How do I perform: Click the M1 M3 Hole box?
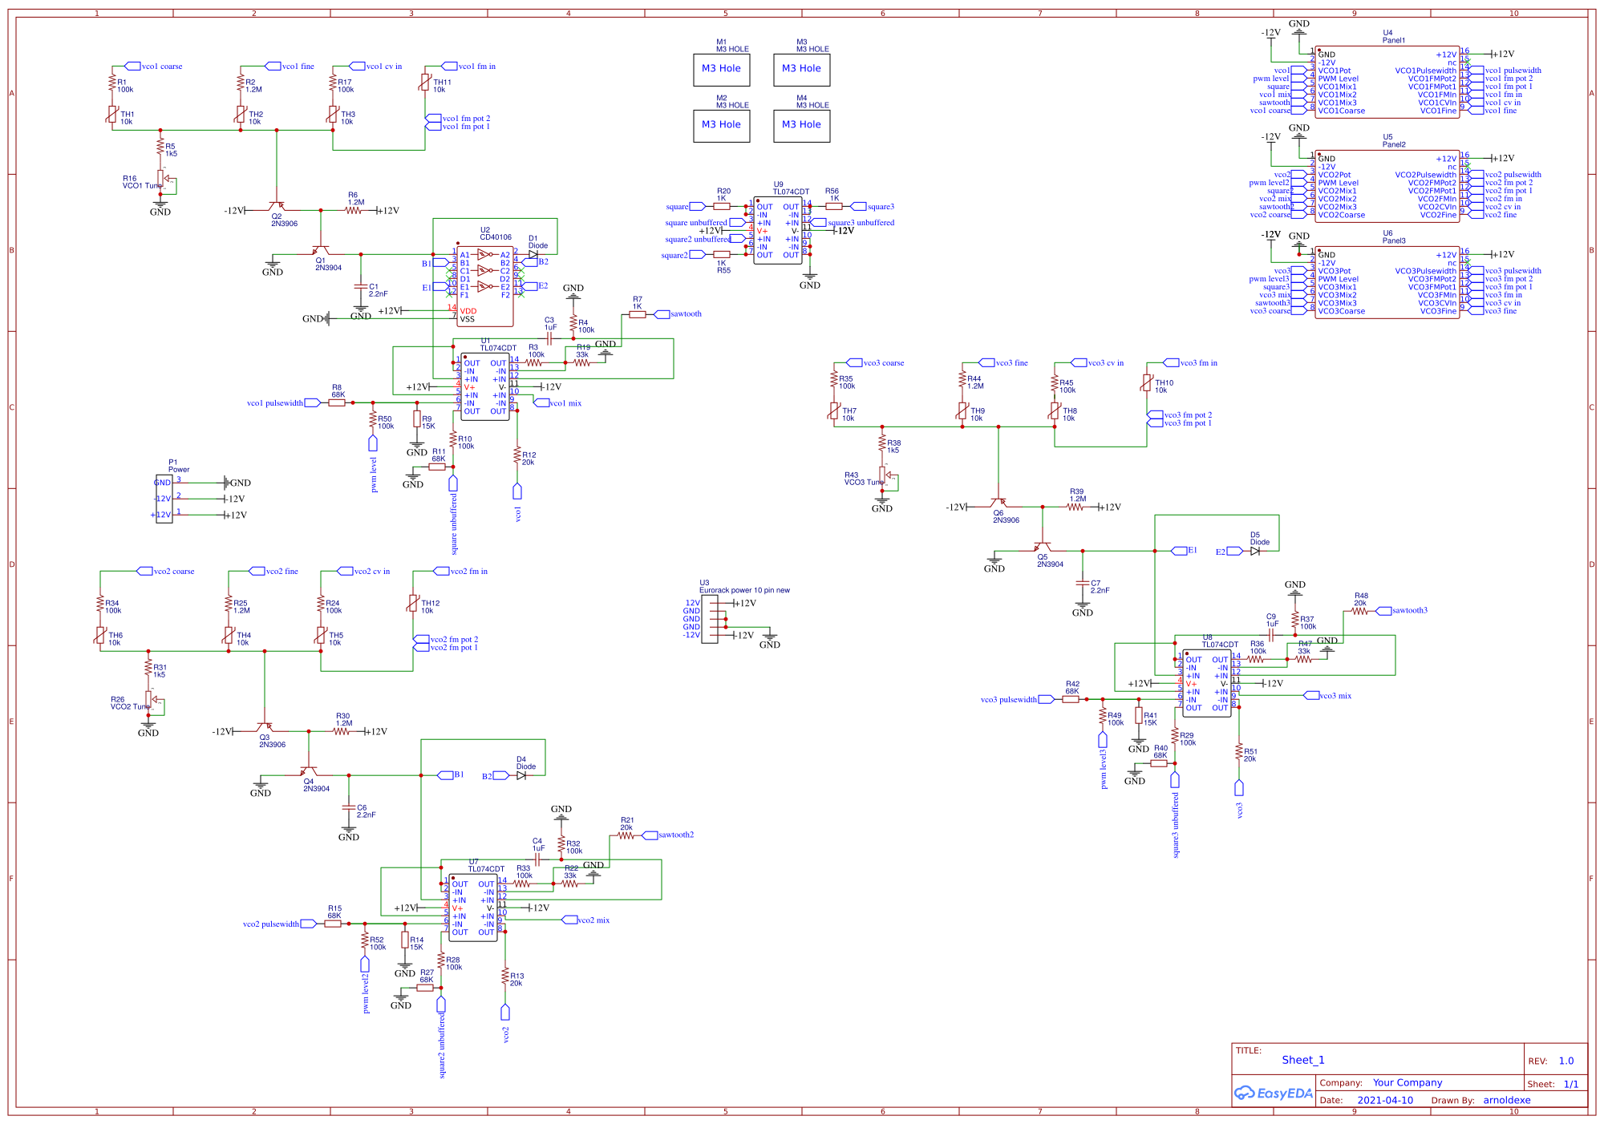coord(721,70)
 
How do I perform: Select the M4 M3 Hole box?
coord(801,126)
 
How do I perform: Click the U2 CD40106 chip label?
coord(495,234)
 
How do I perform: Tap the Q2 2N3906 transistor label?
coord(283,220)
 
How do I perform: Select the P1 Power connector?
coord(164,499)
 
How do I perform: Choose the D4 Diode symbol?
coord(521,775)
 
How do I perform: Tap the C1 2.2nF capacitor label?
coord(378,290)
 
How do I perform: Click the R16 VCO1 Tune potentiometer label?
coord(142,183)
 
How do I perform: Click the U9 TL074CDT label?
coord(790,188)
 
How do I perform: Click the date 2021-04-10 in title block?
coord(1385,1100)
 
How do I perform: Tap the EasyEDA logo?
coord(1274,1093)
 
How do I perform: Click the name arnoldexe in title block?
coord(1506,1100)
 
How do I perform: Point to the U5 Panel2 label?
coord(1393,141)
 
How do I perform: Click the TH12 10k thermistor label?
coord(430,607)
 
